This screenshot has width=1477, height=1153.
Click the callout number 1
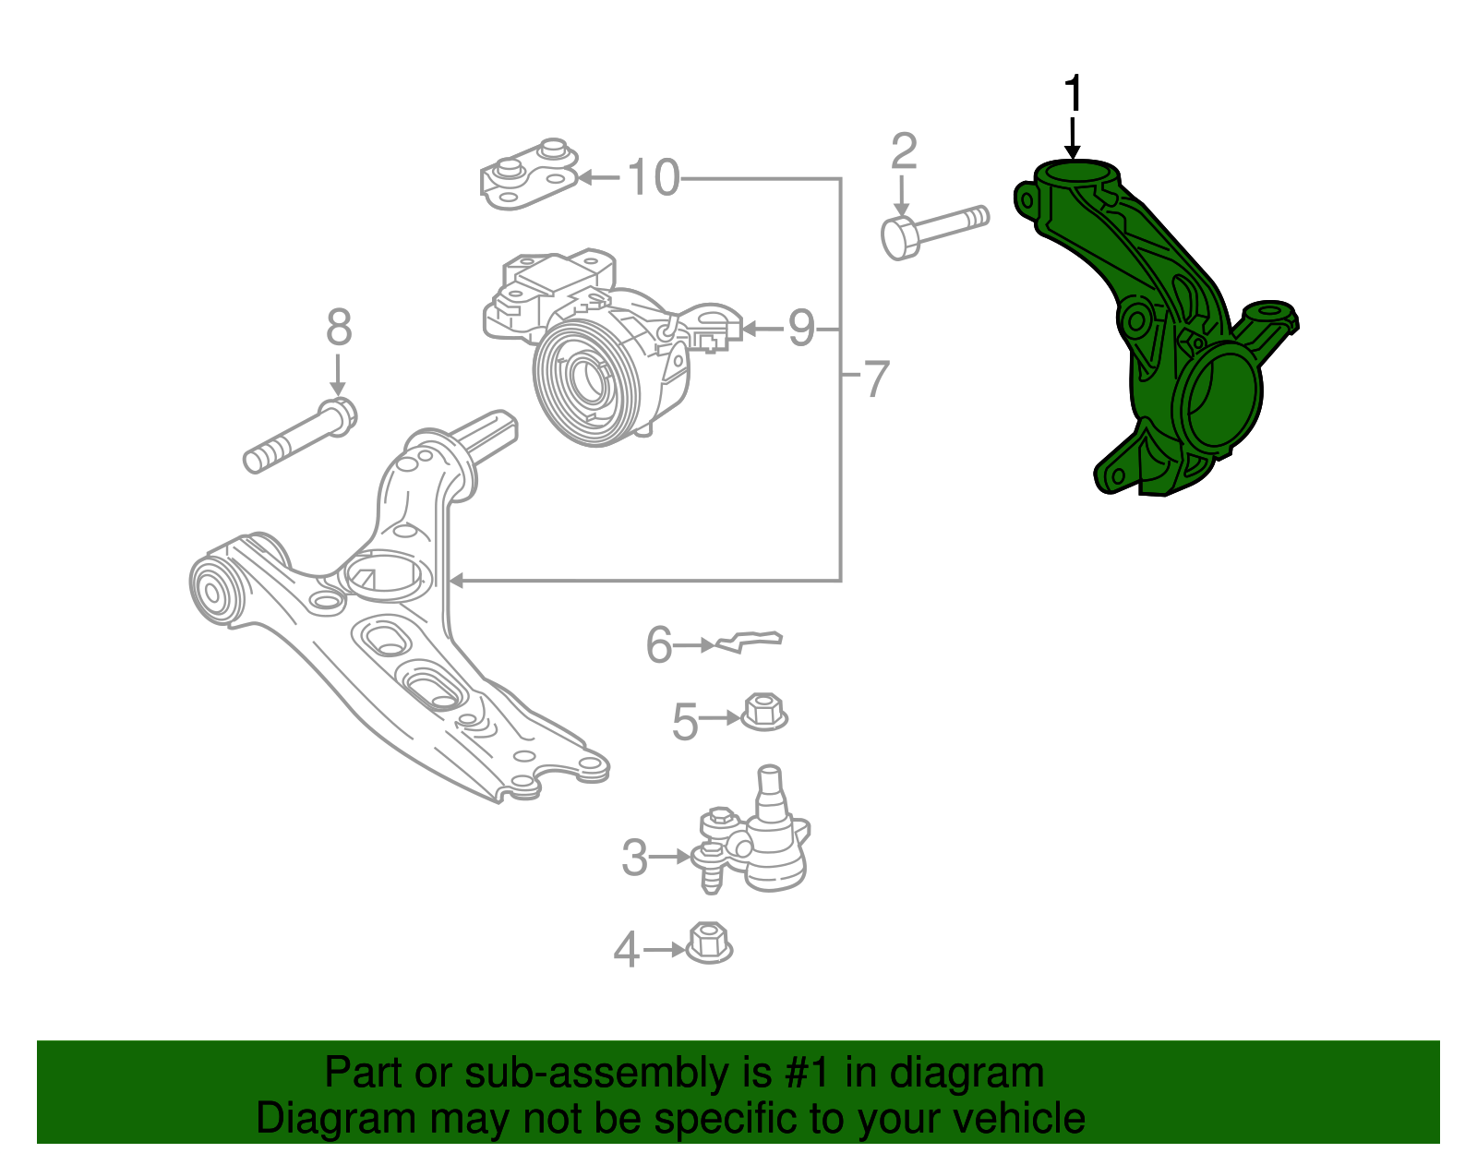point(1072,95)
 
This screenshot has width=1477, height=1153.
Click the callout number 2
point(904,152)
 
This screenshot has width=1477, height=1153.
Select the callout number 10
point(654,177)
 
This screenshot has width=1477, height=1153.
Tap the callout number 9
point(800,328)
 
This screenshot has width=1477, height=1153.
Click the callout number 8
point(339,328)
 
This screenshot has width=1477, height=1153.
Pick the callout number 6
point(658,644)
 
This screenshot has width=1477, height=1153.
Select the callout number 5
point(684,721)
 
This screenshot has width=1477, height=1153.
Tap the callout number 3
point(634,858)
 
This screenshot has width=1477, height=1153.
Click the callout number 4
point(626,949)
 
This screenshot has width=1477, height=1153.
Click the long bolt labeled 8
point(300,438)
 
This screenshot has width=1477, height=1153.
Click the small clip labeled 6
point(750,641)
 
